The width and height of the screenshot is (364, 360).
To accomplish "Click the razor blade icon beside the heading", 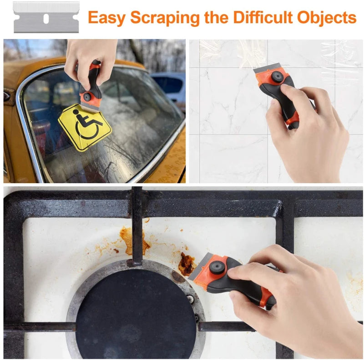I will point(46,17).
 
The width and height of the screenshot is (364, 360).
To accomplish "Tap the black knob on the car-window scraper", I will point(86,96).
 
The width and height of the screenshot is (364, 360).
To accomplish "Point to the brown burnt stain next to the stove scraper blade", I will point(186,264).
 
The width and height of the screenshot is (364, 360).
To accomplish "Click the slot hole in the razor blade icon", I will point(46,19).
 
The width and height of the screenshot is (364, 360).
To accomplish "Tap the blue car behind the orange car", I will point(171,86).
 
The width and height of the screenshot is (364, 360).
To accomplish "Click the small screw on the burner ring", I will point(190,299).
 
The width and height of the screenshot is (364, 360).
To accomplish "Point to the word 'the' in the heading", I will point(215,18).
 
